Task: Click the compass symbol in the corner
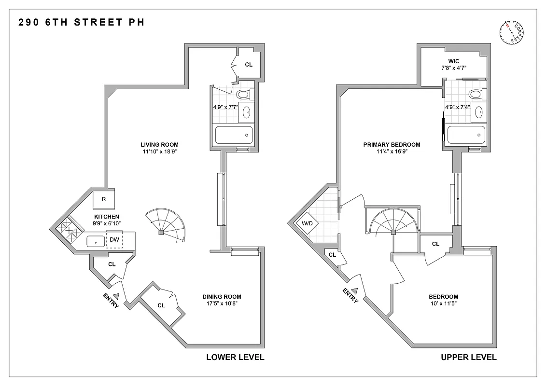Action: point(512,33)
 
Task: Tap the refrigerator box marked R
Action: point(103,199)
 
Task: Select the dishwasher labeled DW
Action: point(114,239)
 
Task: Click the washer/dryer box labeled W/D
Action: point(307,223)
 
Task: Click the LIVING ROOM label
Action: point(160,144)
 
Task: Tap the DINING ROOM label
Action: point(222,297)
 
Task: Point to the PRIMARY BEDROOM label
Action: point(392,144)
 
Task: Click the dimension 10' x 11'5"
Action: point(443,304)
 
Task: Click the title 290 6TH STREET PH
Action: point(81,22)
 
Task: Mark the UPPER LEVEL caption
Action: point(468,358)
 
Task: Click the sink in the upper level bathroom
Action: point(479,112)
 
